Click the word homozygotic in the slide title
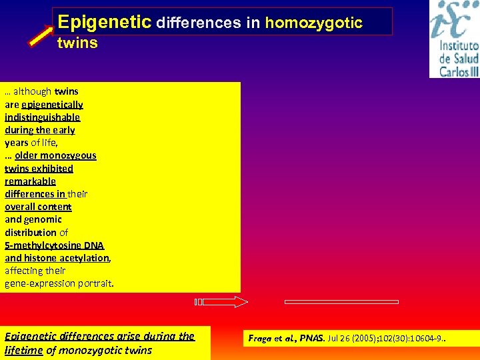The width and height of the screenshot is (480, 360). point(314,23)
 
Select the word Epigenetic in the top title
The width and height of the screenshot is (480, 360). point(104,22)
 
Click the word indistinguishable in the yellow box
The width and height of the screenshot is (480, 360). point(42,117)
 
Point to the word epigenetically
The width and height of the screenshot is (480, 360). point(52,104)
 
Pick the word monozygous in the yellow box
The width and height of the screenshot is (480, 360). point(71,155)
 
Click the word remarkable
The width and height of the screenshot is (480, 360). point(30,181)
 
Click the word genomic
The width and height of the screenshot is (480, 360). point(43,219)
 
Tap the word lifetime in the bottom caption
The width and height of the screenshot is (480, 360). point(23,350)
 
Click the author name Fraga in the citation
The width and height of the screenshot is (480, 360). point(261,339)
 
